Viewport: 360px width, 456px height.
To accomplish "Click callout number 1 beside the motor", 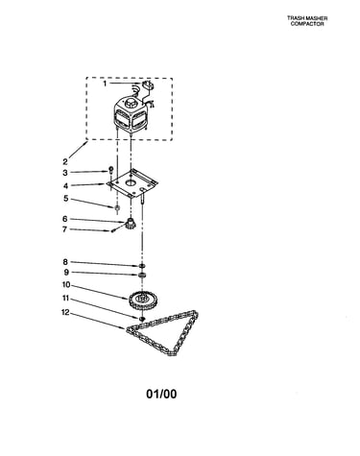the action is coord(105,84).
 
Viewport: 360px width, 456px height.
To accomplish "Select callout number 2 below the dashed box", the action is coord(65,161).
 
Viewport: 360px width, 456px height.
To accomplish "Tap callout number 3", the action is coord(65,173).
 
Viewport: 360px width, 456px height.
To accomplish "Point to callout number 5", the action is coord(65,199).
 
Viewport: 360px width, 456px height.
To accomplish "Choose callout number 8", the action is coord(65,262).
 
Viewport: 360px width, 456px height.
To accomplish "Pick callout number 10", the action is coord(66,284).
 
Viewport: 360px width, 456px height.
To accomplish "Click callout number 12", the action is coord(65,312).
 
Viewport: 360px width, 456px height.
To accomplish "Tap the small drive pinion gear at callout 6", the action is coord(131,222).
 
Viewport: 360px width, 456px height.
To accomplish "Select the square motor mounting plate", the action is coord(132,183).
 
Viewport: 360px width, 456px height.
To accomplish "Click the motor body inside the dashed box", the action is coord(131,114).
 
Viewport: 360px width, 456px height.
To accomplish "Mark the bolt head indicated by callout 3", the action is coord(111,169).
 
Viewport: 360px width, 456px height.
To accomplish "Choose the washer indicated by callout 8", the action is coord(142,266).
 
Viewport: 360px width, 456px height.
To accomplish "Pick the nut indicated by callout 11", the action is coord(142,319).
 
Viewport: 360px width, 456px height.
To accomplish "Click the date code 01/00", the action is coord(161,394).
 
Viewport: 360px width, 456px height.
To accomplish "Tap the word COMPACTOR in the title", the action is coord(307,24).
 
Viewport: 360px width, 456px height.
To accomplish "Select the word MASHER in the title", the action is coord(316,18).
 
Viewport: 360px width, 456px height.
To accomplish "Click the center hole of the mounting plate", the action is coord(131,183).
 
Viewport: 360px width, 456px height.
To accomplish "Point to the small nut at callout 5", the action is coord(117,208).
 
